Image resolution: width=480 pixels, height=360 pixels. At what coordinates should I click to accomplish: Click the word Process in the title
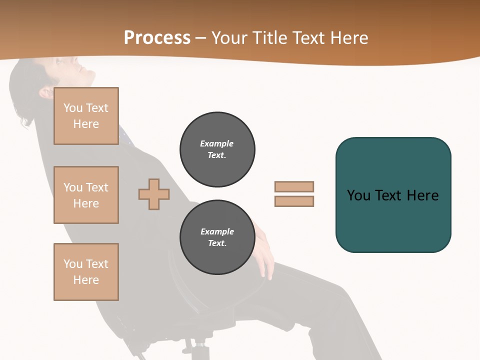click(x=157, y=38)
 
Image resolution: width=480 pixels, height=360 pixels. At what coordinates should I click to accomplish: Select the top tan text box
click(x=86, y=116)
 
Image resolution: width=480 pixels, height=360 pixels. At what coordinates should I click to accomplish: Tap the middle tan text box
click(x=86, y=195)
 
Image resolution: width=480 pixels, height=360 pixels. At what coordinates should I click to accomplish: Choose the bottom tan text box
click(x=86, y=272)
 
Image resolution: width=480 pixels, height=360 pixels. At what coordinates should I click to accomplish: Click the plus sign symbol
click(x=154, y=194)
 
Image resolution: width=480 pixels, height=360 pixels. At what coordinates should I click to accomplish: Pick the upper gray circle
click(x=217, y=149)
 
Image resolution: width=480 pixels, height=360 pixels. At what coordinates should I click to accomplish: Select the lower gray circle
click(x=217, y=237)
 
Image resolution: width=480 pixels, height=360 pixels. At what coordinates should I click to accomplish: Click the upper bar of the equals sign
click(x=294, y=186)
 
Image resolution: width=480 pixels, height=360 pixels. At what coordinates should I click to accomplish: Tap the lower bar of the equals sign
click(x=294, y=201)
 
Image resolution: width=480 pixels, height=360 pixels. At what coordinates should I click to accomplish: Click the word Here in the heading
click(x=349, y=38)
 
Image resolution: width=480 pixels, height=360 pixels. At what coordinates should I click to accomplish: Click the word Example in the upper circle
click(x=217, y=143)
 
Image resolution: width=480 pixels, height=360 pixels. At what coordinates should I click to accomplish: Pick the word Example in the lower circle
click(x=217, y=231)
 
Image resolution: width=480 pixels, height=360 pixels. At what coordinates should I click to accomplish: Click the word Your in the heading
click(x=229, y=38)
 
